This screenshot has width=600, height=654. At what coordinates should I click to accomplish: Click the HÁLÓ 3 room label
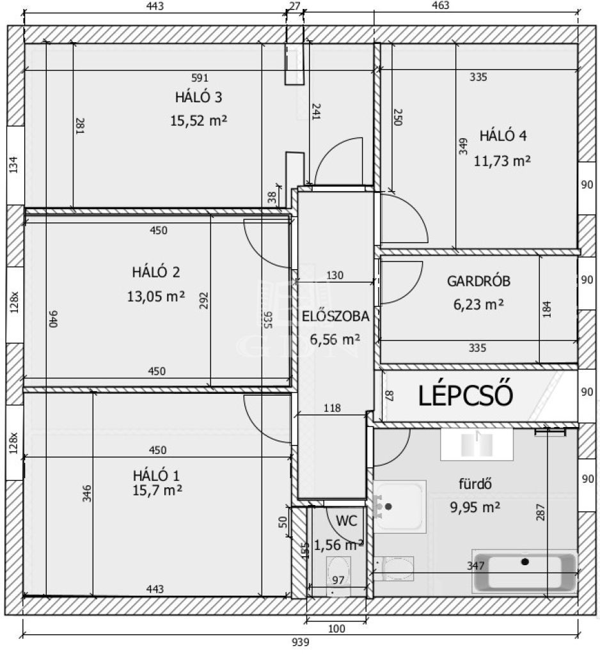pos(198,97)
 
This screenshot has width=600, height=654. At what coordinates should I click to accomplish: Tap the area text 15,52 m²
pos(198,121)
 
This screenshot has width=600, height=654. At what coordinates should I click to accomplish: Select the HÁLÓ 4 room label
pos(503,136)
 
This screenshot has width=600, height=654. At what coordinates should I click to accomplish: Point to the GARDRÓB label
pos(478,281)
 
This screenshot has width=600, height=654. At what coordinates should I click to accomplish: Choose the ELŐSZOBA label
pos(335,316)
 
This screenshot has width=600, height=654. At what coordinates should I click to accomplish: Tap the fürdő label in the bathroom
pos(475,484)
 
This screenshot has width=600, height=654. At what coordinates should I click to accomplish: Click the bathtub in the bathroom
pos(525,572)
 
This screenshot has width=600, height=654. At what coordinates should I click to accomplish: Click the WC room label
pos(346,520)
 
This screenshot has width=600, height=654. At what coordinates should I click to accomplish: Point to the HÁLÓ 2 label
pos(156,272)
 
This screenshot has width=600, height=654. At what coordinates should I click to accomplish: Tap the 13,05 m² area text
pos(156,297)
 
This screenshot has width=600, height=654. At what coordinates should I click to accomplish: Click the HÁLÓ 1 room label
pos(157,476)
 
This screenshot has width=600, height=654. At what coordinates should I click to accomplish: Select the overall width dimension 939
pos(300,642)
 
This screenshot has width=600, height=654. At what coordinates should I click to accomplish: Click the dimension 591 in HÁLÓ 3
pos(200,77)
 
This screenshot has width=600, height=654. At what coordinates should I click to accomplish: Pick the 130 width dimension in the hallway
pos(335,276)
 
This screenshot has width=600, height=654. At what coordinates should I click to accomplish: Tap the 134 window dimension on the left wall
pos(14,165)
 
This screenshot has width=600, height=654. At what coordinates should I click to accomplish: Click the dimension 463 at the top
pos(441,5)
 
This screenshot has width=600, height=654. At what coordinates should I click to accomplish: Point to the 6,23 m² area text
pos(478,304)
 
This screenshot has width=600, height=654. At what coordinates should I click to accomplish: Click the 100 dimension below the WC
pos(336,628)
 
